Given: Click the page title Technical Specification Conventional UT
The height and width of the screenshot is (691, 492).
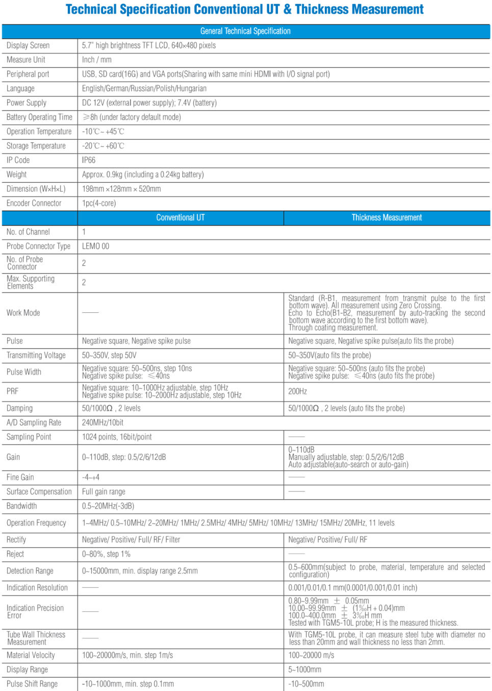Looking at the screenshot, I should [245, 10].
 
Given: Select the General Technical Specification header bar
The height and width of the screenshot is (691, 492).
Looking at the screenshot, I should [245, 31].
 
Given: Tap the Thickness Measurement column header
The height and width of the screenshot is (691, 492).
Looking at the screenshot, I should [386, 218].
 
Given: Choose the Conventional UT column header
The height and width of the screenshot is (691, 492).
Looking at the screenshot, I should [180, 218].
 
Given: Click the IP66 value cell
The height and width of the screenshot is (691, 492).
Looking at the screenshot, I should [89, 160].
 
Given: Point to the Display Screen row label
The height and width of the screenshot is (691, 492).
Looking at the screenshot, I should [28, 45].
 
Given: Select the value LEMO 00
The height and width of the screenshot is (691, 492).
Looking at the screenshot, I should [95, 246].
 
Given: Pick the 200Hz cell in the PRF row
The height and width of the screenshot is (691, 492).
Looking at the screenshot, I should [298, 391].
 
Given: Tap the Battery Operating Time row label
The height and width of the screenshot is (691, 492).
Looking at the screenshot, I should [39, 117].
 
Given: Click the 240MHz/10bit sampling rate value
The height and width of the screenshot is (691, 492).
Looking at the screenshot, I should [102, 423].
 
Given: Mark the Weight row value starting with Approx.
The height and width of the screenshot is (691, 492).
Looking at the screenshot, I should [143, 175].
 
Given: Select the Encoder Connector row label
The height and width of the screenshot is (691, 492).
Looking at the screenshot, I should [34, 203].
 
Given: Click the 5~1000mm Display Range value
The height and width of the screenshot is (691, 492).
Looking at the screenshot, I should [305, 670].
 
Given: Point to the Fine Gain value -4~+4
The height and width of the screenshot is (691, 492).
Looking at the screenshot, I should [91, 478].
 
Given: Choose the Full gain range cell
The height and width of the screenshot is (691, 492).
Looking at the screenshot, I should [103, 492].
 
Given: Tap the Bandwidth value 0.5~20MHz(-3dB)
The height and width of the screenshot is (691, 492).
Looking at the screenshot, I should [108, 506].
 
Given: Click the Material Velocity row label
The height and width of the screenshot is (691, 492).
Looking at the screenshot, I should [31, 655].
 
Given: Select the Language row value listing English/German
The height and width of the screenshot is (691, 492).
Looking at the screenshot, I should [144, 89].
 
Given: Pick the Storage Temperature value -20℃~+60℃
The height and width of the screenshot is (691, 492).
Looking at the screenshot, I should [103, 146].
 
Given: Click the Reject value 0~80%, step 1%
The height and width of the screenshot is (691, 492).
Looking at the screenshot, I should [106, 554].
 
